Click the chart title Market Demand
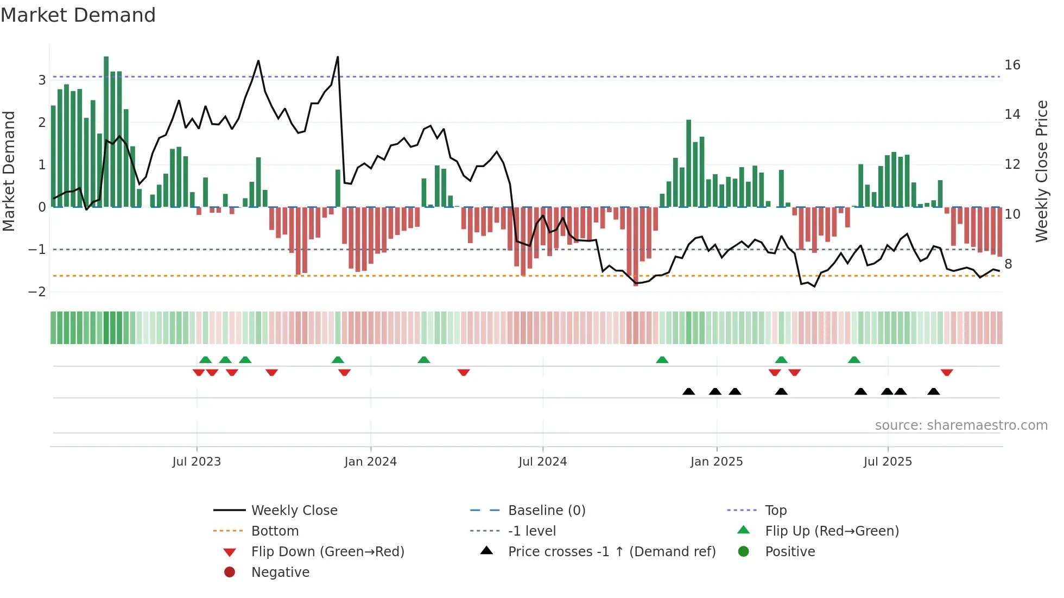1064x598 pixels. (x=78, y=15)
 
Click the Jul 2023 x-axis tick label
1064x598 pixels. (x=197, y=462)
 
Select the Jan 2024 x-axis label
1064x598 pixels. (x=370, y=462)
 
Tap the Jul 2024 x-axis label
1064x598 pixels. (x=542, y=462)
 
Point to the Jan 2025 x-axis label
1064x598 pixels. (x=716, y=462)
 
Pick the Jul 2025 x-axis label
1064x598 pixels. (x=888, y=462)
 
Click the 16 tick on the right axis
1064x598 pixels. (x=1012, y=65)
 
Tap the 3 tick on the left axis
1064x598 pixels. (x=42, y=80)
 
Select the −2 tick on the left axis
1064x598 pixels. (x=37, y=292)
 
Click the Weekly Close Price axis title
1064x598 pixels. (x=1041, y=171)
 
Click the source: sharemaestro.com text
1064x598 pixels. (x=961, y=425)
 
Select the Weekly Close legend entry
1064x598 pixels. (x=294, y=511)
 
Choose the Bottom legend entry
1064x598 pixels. (x=275, y=531)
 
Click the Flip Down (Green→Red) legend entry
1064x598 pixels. (x=327, y=552)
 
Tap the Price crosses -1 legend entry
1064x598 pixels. (x=611, y=552)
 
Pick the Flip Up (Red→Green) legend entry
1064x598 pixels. (x=832, y=531)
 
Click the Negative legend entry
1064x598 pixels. (x=280, y=572)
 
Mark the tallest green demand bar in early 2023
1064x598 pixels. (x=106, y=130)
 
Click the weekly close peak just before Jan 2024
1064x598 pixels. (x=338, y=57)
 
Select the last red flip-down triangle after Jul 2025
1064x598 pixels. (x=947, y=372)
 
